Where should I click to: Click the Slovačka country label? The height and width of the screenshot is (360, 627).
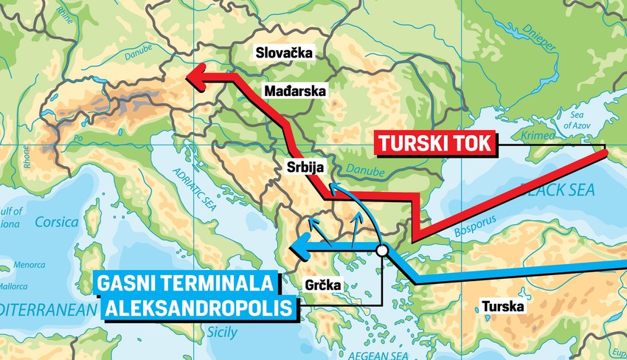point(283,52)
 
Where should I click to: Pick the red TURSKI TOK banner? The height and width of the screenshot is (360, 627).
point(432,143)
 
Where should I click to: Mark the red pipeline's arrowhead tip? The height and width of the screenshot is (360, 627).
point(187,75)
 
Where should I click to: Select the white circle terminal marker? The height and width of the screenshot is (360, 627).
point(382,252)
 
